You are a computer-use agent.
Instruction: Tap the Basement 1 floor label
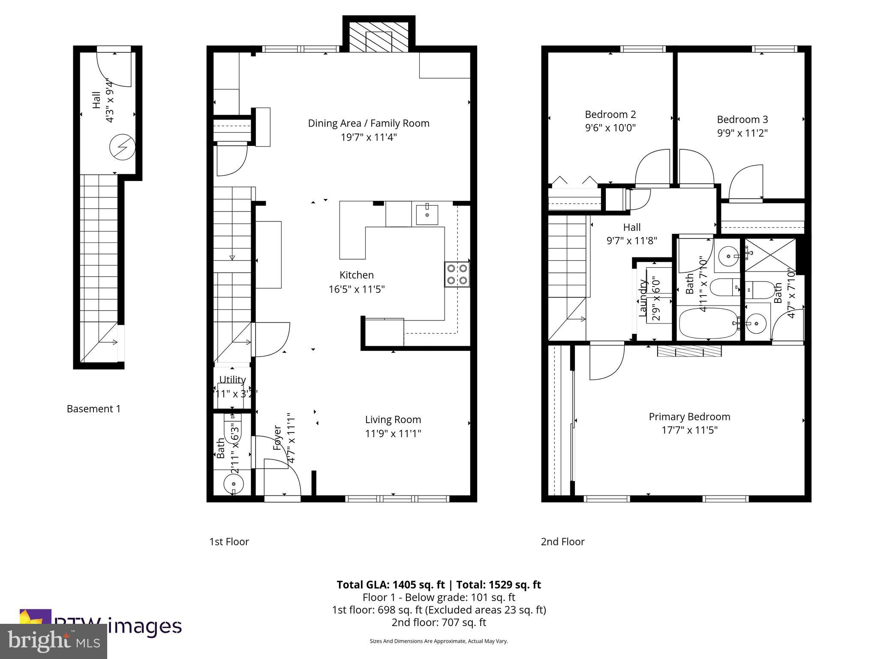(93, 409)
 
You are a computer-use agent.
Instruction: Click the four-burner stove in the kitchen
(457, 274)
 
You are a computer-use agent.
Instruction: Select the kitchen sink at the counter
(427, 215)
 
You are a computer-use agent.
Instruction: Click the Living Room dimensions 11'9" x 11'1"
(393, 434)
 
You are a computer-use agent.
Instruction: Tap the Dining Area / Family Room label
(368, 124)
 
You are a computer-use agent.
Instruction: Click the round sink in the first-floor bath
(234, 484)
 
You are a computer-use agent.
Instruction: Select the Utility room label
(232, 380)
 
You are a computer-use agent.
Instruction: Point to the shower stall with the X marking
(770, 255)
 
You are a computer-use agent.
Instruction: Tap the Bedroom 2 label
(610, 115)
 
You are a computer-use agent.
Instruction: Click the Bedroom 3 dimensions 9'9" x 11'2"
(742, 133)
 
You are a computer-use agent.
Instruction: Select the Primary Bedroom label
(689, 417)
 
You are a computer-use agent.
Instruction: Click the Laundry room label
(643, 298)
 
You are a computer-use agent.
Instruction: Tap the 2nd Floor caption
(562, 542)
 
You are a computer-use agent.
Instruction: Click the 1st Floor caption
(229, 542)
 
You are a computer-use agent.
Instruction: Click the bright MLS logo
(54, 641)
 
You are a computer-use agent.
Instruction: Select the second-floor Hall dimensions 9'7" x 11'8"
(631, 241)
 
